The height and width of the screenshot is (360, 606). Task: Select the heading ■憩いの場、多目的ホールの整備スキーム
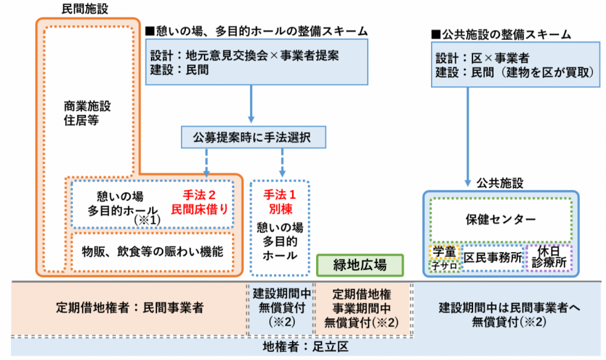coord(255,31)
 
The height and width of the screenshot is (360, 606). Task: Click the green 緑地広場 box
coord(360,264)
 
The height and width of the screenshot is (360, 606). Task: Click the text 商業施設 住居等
coord(86,113)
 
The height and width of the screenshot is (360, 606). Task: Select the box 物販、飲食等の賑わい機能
coord(152,251)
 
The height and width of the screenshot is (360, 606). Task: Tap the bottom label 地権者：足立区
coord(302,348)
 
